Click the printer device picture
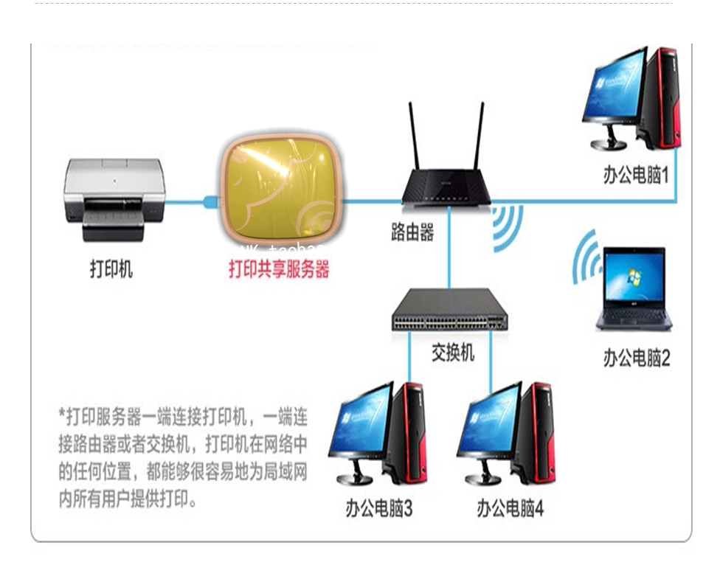(x=114, y=198)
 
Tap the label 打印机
(x=111, y=269)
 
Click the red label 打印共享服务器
(x=279, y=269)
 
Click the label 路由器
(x=412, y=233)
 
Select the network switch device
(x=449, y=310)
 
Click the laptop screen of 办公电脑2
(x=634, y=277)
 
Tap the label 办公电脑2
(x=637, y=358)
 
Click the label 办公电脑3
(x=378, y=509)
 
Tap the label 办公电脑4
(x=509, y=509)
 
